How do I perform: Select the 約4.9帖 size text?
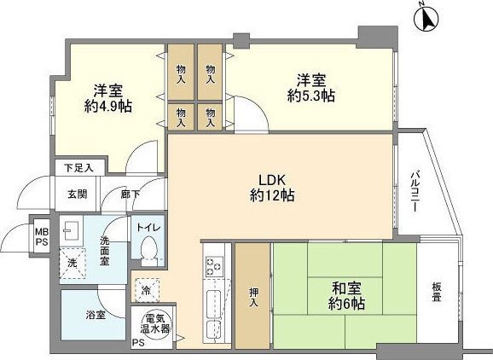pyautogui.click(x=108, y=106)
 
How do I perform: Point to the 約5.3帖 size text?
pyautogui.click(x=311, y=96)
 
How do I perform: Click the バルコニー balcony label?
pyautogui.click(x=412, y=196)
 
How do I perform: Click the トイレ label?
pyautogui.click(x=148, y=229)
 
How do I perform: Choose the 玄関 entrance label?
pyautogui.click(x=78, y=194)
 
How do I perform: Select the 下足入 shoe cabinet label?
pyautogui.click(x=79, y=168)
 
